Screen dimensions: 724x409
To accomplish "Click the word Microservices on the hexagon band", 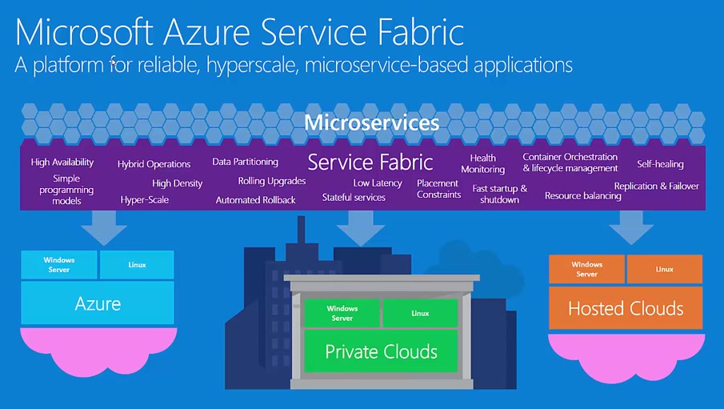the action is (372, 122).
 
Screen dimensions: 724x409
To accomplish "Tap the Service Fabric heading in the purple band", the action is (370, 162).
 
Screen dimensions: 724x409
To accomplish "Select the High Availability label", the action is (62, 162).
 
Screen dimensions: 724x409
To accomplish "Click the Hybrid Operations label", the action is (154, 164).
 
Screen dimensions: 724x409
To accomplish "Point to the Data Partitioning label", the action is (245, 162).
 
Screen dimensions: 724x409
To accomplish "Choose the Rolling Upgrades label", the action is (272, 181).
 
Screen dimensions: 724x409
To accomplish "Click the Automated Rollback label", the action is (255, 200).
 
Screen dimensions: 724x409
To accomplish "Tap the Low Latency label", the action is (378, 183).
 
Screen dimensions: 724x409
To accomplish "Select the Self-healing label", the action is (660, 164).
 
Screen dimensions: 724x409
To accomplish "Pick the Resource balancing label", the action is (582, 196).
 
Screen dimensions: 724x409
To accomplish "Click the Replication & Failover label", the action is (657, 186).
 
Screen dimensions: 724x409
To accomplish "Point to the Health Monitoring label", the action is (483, 163).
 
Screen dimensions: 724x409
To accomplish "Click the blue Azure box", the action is (98, 303).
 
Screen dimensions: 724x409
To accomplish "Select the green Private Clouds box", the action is (381, 351).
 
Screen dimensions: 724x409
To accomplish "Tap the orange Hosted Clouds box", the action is (626, 308).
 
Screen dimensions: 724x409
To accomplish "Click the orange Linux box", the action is (665, 269).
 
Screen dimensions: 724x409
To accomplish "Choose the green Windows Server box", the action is (342, 313).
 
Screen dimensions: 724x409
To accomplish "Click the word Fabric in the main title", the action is (421, 32).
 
